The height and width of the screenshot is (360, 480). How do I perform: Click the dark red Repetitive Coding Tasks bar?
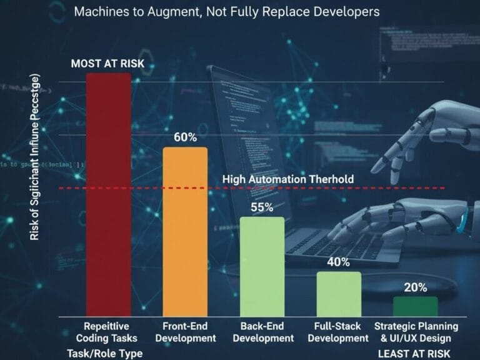click(x=108, y=194)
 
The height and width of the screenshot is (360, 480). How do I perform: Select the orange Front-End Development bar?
click(x=185, y=231)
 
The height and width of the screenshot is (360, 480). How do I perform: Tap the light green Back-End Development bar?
click(x=262, y=266)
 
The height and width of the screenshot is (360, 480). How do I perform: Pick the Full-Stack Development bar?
click(x=338, y=294)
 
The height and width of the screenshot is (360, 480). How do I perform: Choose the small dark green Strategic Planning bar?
click(x=415, y=306)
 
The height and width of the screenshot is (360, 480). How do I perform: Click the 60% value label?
click(x=185, y=137)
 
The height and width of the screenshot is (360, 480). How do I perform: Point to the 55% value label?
click(x=262, y=207)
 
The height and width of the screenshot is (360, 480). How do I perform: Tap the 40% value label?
click(x=338, y=262)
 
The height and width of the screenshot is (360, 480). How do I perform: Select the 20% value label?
click(x=415, y=287)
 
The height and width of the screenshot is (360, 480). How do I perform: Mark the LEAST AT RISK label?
click(x=415, y=353)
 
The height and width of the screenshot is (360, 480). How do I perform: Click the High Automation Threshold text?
click(x=288, y=179)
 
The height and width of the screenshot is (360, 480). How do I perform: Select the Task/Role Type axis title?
click(x=104, y=353)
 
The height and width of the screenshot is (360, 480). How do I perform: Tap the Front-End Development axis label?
click(x=185, y=332)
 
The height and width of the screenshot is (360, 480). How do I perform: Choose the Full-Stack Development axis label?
click(x=338, y=332)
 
